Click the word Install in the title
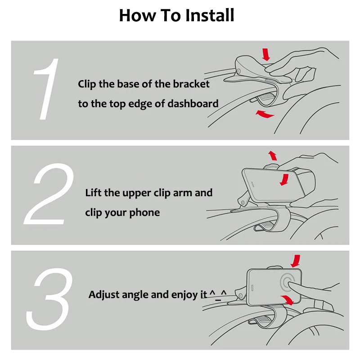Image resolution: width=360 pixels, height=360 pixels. tap(209, 16)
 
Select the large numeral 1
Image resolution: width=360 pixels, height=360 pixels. tap(46, 90)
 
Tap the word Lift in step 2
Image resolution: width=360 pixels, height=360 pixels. tap(93, 193)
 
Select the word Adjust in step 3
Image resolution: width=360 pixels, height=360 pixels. tap(103, 295)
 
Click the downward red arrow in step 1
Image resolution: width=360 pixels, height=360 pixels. tap(266, 54)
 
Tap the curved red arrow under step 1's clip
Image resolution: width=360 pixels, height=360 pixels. tap(265, 115)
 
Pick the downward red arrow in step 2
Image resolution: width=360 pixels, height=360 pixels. tap(283, 180)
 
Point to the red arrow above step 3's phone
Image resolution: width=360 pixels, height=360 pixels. tap(296, 260)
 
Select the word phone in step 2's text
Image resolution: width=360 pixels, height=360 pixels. tap(145, 212)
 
